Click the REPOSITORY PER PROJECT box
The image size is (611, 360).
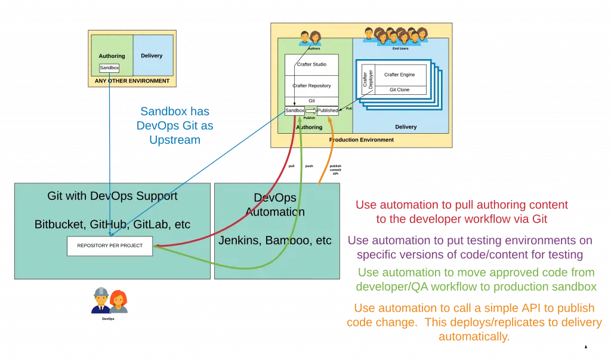(x=109, y=246)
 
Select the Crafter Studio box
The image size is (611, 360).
(x=311, y=64)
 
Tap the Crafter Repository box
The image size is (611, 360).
(x=311, y=86)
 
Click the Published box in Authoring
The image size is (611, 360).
(x=328, y=110)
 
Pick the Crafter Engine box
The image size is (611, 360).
(x=399, y=75)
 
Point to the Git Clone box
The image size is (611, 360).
(x=399, y=90)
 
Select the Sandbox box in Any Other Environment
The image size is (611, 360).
(x=109, y=68)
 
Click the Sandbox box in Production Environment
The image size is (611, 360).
(x=295, y=110)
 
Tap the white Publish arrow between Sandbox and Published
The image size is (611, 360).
(x=311, y=110)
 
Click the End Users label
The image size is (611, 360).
(x=400, y=48)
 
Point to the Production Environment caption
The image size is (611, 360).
(x=362, y=140)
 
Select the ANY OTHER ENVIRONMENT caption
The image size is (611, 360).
(x=132, y=81)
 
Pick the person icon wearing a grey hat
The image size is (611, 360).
(x=99, y=301)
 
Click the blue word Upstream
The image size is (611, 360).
(x=175, y=140)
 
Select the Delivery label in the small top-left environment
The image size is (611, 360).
(x=152, y=56)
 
